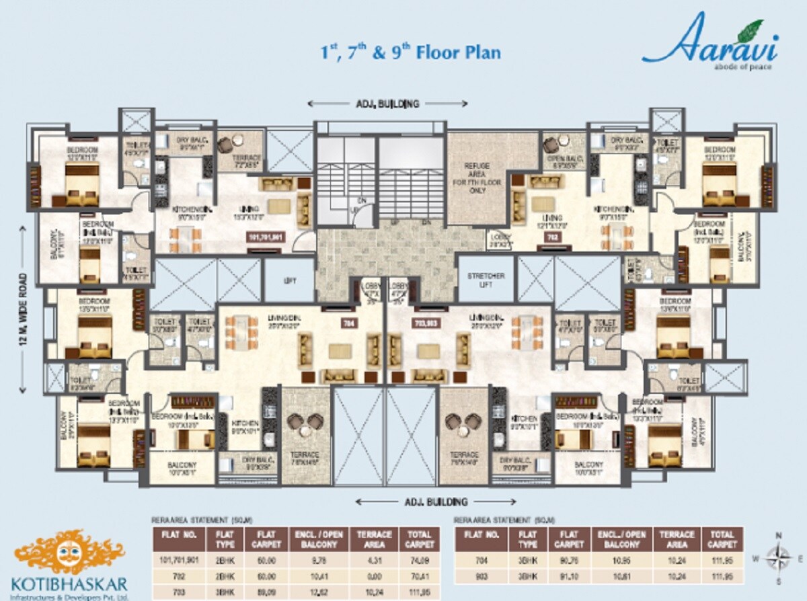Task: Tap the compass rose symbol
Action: (779, 557)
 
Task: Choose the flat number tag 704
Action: (348, 323)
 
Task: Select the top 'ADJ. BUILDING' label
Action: (387, 104)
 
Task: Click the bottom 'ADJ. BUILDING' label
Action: (436, 502)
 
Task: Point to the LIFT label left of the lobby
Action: (289, 280)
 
